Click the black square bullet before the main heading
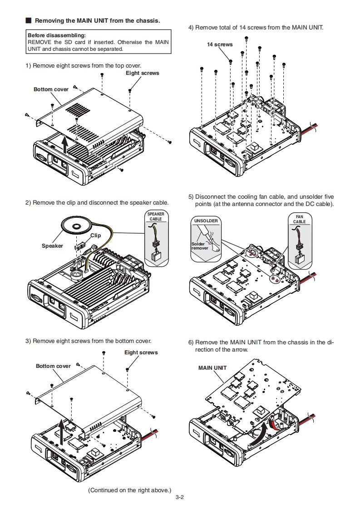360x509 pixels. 28,21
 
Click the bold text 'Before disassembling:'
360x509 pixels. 56,35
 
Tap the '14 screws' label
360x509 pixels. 220,44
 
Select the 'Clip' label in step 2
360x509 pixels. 95,235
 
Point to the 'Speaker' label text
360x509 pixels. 52,246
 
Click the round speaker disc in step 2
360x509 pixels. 76,225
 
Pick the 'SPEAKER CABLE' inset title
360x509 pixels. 156,216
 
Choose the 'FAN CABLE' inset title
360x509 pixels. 300,219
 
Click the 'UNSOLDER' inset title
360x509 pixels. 206,221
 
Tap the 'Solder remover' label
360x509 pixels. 200,246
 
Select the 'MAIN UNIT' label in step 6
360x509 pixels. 212,367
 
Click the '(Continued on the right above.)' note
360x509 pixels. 129,490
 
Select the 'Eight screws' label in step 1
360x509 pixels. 142,73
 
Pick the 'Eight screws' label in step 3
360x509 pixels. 141,352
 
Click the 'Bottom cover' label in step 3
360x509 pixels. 53,366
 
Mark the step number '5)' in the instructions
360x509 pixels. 191,197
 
